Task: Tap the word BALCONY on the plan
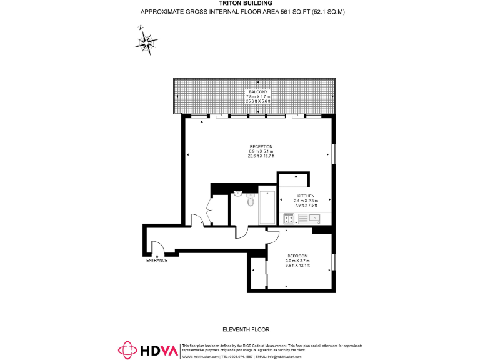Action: [x=258, y=92]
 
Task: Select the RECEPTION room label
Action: [x=261, y=146]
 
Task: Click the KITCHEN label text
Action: [x=306, y=196]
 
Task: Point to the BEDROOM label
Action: [x=297, y=256]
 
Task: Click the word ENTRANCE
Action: [x=157, y=260]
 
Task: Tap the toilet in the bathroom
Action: [x=251, y=201]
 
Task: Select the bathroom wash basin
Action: [x=238, y=194]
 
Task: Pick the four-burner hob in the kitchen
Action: [x=289, y=218]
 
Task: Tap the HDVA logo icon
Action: [x=127, y=351]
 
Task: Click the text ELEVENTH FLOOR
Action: [x=246, y=329]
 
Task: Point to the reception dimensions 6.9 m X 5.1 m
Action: [x=261, y=151]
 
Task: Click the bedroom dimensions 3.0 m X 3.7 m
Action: [x=297, y=261]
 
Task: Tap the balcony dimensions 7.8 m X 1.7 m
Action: [x=258, y=96]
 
